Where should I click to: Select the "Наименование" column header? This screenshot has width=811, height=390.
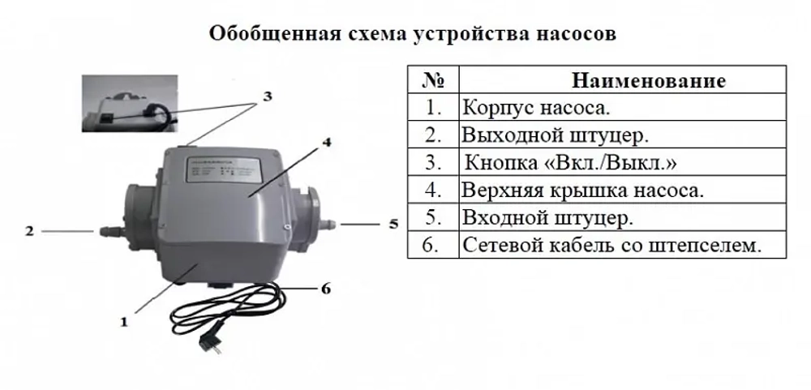648,81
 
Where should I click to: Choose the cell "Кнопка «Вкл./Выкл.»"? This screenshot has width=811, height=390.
570,162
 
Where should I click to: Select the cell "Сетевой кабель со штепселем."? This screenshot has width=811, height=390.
612,245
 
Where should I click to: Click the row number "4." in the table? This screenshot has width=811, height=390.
431,191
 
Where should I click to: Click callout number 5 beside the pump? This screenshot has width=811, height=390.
393,223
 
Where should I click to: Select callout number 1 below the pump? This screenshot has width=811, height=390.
124,321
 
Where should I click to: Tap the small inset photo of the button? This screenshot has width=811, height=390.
129,103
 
